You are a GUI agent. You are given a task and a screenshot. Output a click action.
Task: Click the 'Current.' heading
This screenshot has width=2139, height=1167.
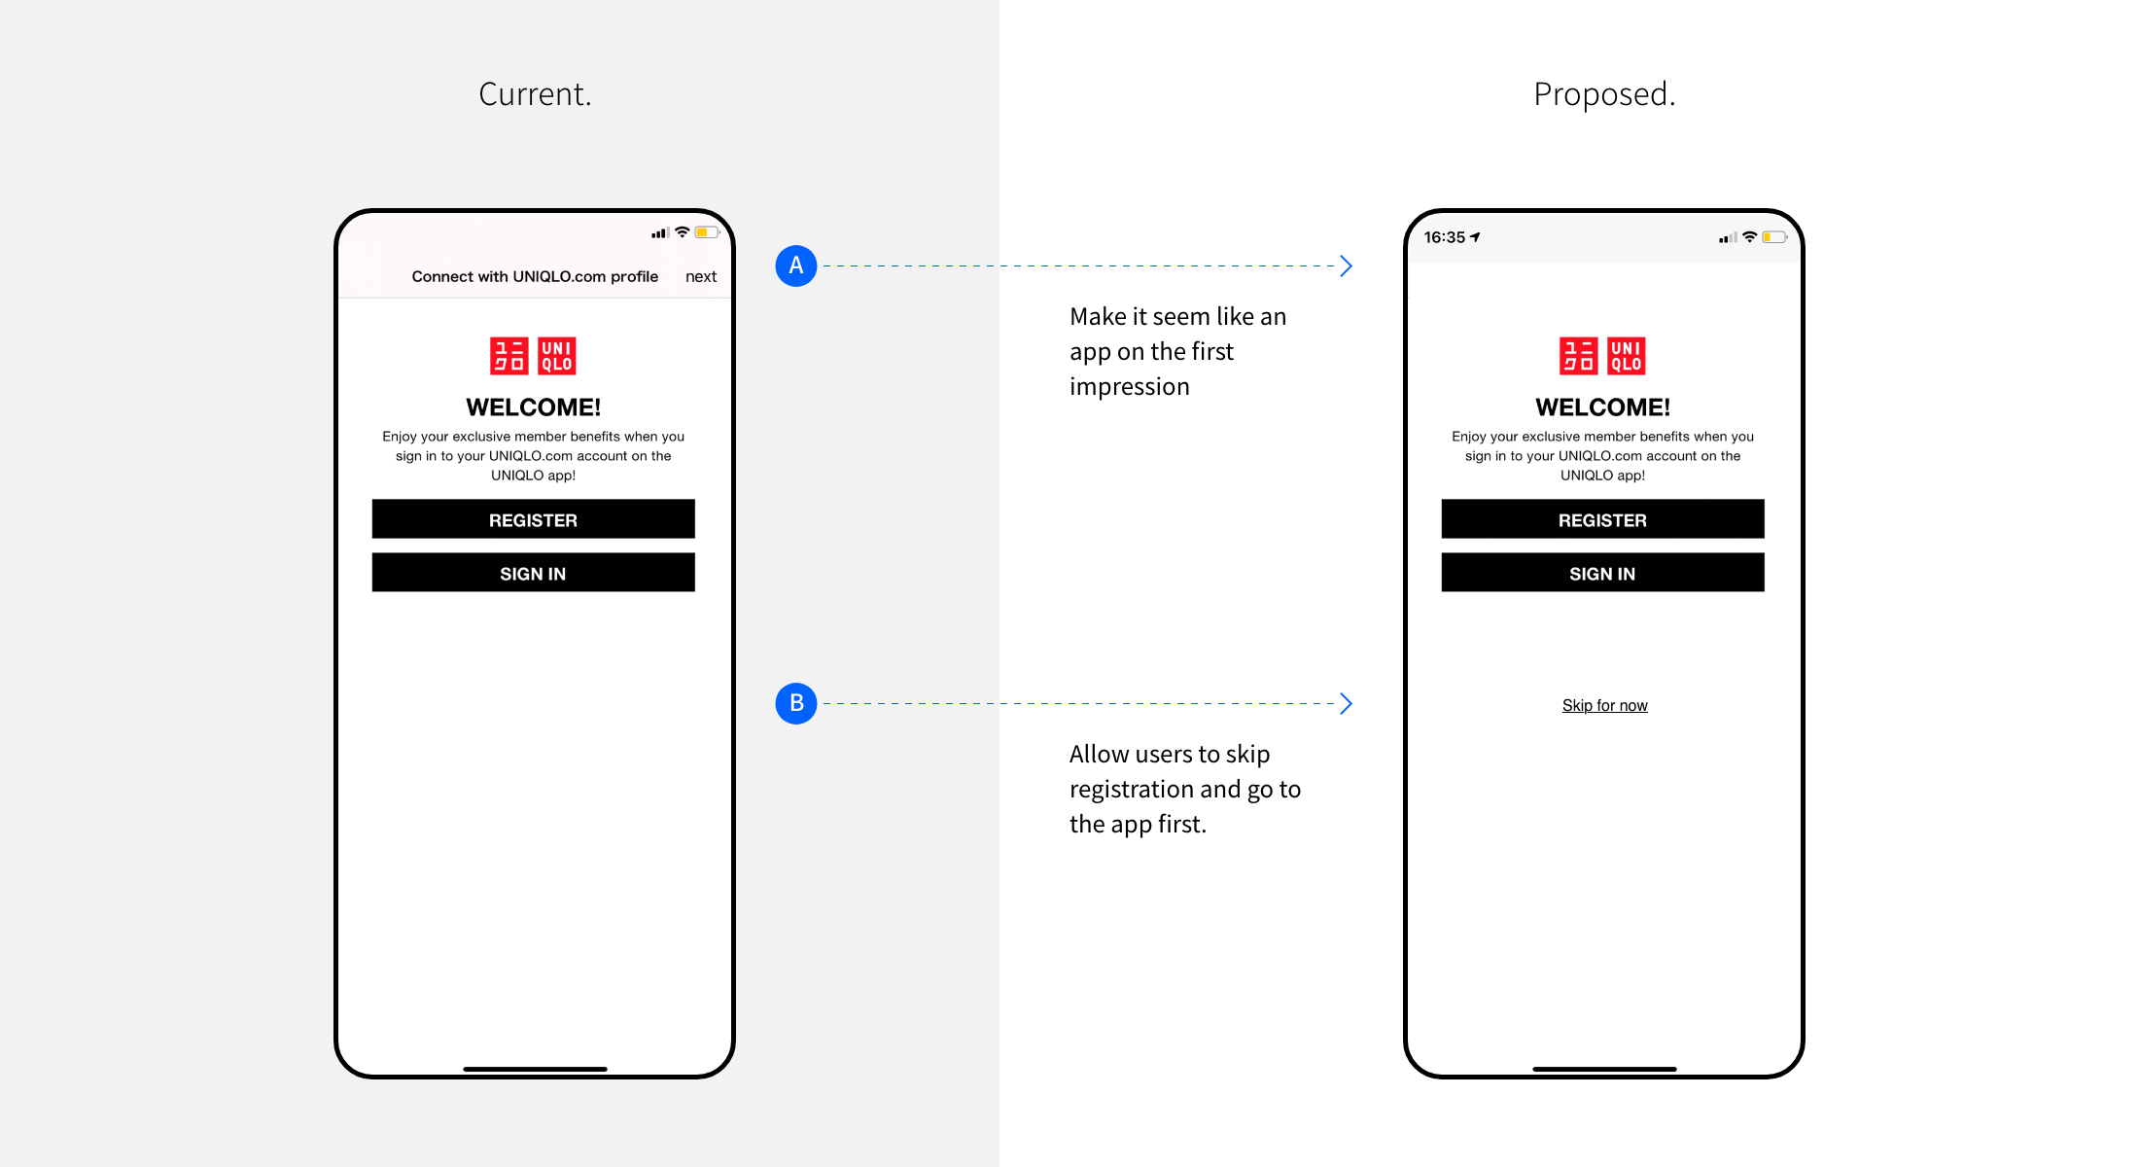click(535, 94)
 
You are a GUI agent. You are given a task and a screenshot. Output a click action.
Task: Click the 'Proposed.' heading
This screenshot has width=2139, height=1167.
click(1604, 94)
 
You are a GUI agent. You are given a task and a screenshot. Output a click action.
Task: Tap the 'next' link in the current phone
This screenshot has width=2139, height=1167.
click(700, 277)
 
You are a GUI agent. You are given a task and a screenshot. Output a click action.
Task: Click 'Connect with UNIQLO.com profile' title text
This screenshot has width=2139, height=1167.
click(535, 277)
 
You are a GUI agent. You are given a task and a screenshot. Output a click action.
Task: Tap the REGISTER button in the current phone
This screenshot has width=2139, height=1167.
click(533, 519)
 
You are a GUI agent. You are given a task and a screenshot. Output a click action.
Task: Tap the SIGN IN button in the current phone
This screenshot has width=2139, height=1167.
click(533, 573)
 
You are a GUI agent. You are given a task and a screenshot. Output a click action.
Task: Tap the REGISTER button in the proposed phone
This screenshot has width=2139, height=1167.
click(1602, 519)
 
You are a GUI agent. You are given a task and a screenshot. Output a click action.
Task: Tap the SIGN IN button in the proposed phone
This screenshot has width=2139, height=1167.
click(1602, 573)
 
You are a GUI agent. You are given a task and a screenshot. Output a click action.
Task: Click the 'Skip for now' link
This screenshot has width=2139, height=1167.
click(1604, 706)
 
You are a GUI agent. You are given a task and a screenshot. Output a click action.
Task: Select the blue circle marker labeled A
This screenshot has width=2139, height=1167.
click(795, 265)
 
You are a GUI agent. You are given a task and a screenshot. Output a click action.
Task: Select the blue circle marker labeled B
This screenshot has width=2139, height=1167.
click(795, 703)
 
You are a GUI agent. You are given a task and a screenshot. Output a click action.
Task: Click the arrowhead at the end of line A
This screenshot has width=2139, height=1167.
click(1346, 265)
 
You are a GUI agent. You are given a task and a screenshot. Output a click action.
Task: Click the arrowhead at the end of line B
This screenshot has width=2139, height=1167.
click(1346, 703)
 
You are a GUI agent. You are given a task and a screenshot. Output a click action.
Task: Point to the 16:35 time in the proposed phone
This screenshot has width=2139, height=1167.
click(1445, 237)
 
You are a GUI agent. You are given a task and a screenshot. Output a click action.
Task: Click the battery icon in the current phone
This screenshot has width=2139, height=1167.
click(707, 232)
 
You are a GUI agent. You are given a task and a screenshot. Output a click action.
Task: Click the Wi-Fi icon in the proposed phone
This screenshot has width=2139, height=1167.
click(1749, 237)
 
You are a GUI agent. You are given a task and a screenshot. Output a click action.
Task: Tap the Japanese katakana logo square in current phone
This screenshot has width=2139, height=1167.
click(508, 356)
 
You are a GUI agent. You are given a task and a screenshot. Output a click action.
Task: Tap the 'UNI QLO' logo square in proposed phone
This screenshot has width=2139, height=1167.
click(1626, 356)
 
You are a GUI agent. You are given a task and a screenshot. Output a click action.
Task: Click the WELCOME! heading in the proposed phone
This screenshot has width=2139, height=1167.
click(1602, 407)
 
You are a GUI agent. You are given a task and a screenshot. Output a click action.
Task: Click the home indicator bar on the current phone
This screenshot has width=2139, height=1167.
click(535, 1069)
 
